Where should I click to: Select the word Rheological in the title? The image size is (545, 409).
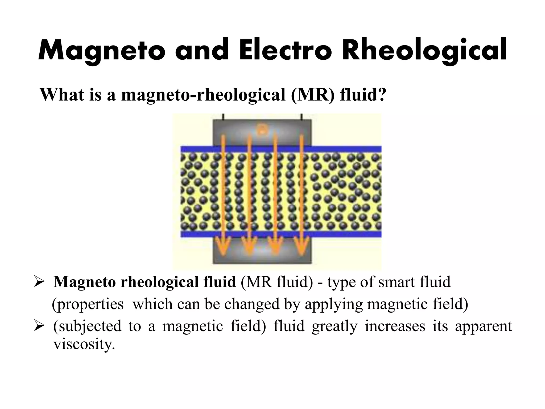pyautogui.click(x=424, y=51)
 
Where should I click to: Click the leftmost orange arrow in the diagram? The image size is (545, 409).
pyautogui.click(x=223, y=194)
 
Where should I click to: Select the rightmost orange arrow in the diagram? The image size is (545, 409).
pyautogui.click(x=302, y=194)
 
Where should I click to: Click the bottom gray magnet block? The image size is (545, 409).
pyautogui.click(x=262, y=253)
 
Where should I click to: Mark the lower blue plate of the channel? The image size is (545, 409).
pyautogui.click(x=346, y=234)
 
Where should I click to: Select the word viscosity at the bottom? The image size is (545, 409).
pyautogui.click(x=84, y=344)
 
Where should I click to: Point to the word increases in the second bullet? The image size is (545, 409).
pyautogui.click(x=395, y=326)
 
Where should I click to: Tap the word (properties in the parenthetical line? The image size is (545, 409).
pyautogui.click(x=88, y=304)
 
